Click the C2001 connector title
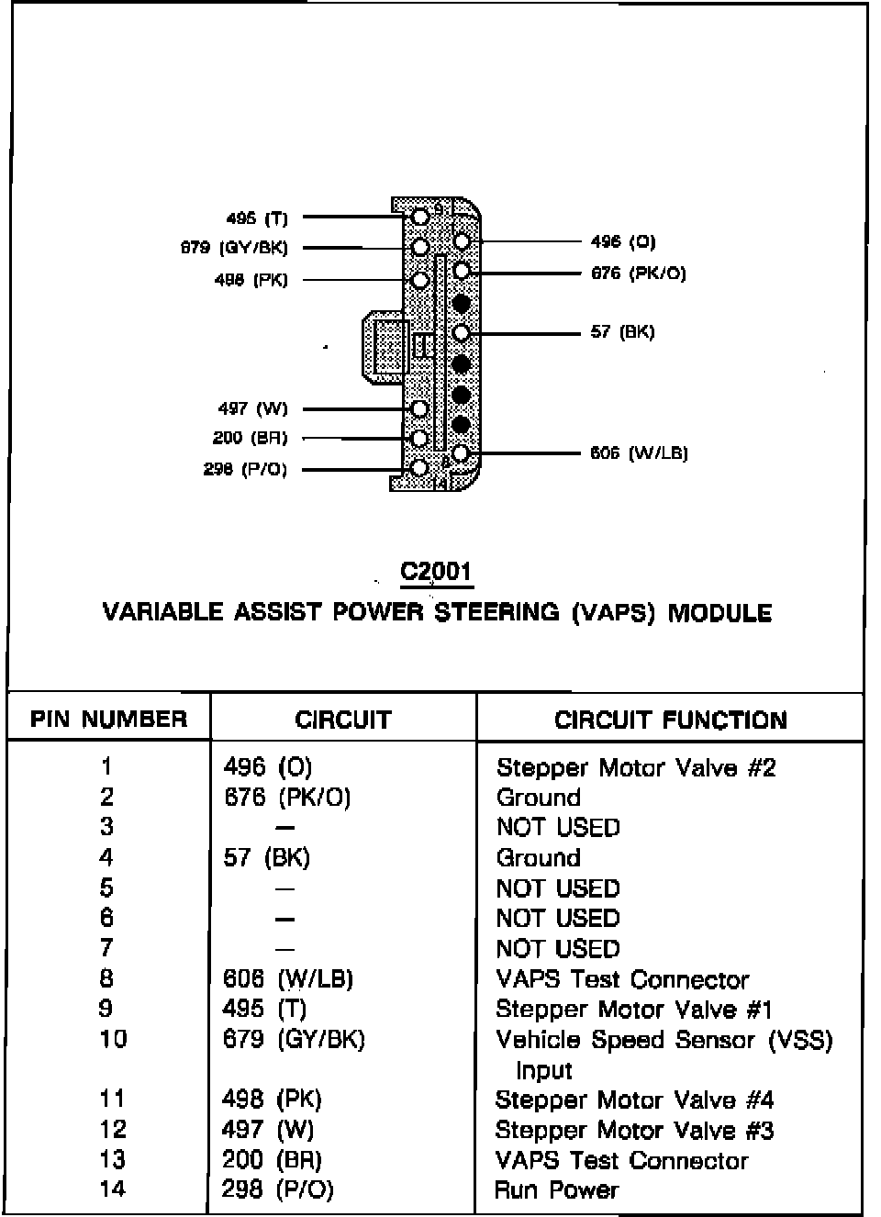click(x=436, y=571)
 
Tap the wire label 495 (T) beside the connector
click(x=257, y=218)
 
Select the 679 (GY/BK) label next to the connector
click(x=234, y=248)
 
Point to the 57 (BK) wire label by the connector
click(x=622, y=331)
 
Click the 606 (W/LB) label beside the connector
click(x=639, y=452)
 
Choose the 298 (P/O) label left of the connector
click(x=245, y=469)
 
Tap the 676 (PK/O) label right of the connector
click(x=638, y=273)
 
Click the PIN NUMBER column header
click(x=108, y=719)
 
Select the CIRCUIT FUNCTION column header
click(x=670, y=720)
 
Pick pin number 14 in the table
click(x=112, y=1189)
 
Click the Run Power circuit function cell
click(x=556, y=1190)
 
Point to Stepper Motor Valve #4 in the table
click(x=634, y=1100)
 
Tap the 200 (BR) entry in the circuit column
click(x=272, y=1160)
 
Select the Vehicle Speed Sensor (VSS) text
click(x=664, y=1040)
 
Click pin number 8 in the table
click(x=106, y=978)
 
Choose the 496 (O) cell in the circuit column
click(x=268, y=766)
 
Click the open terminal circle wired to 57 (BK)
click(x=462, y=332)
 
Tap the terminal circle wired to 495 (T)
click(x=420, y=218)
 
